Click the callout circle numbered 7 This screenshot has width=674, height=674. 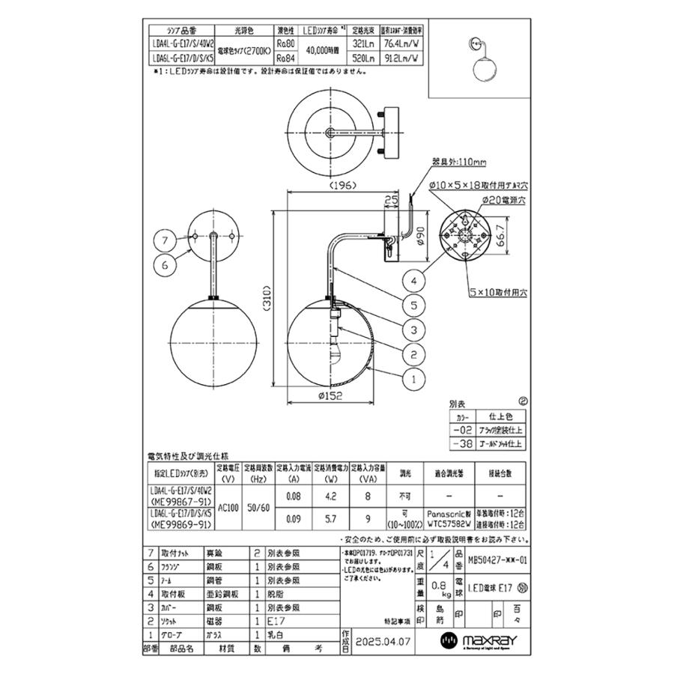click(166, 240)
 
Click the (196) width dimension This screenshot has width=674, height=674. click(330, 185)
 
